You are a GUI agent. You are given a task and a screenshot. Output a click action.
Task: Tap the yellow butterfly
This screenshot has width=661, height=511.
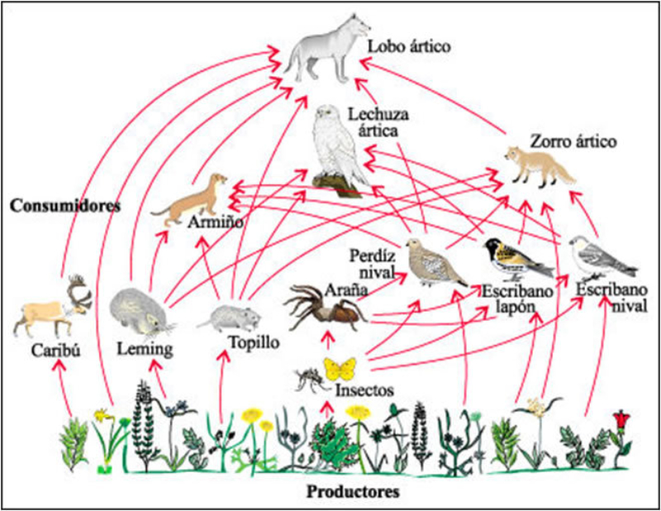(x=340, y=367)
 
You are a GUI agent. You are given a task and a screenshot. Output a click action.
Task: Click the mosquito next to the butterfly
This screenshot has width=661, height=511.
(x=307, y=381)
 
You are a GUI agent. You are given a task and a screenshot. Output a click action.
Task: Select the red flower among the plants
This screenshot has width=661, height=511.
(x=619, y=422)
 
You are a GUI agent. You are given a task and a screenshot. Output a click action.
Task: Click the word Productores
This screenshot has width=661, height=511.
(x=353, y=493)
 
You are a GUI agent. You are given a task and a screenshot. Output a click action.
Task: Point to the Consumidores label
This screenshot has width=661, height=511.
(x=63, y=204)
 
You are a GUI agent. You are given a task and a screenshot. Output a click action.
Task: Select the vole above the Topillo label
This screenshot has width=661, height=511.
(x=221, y=317)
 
